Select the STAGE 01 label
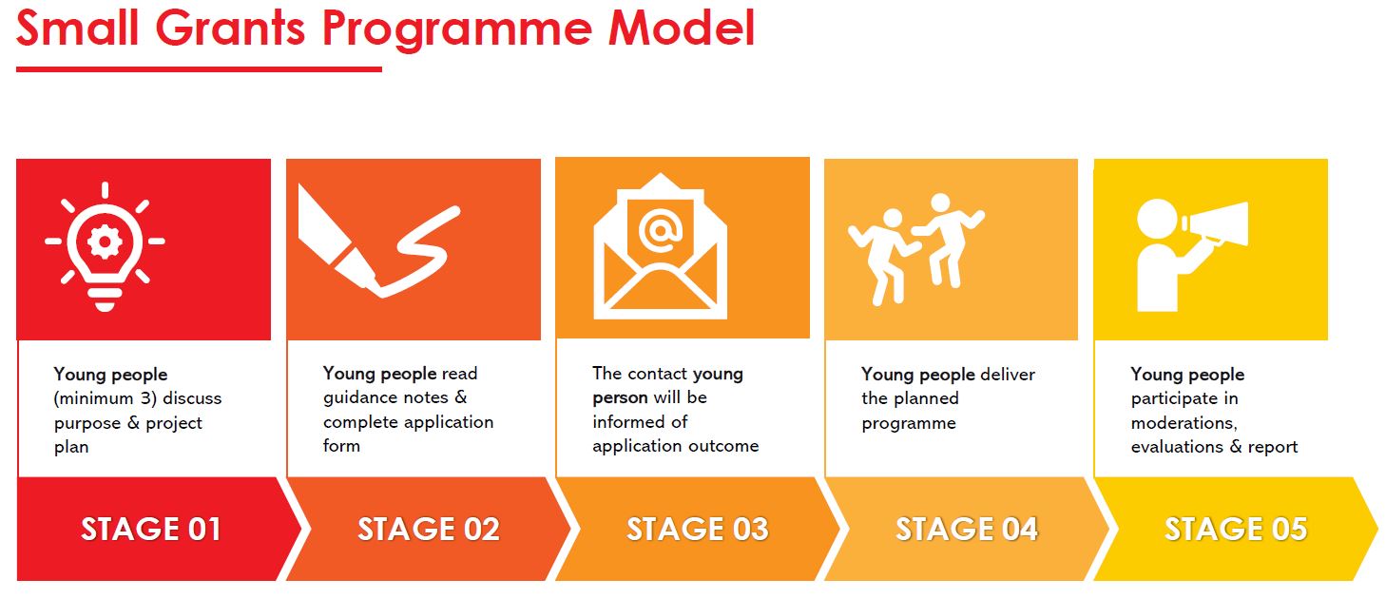pyautogui.click(x=150, y=529)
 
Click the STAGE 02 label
pyautogui.click(x=429, y=529)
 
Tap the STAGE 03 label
pyautogui.click(x=697, y=529)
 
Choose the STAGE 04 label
pyautogui.click(x=966, y=529)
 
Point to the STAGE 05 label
pyautogui.click(x=1235, y=529)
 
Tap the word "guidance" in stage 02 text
pyautogui.click(x=361, y=397)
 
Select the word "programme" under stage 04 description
pyautogui.click(x=908, y=423)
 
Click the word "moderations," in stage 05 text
pyautogui.click(x=1184, y=423)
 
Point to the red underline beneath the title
pyautogui.click(x=199, y=68)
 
